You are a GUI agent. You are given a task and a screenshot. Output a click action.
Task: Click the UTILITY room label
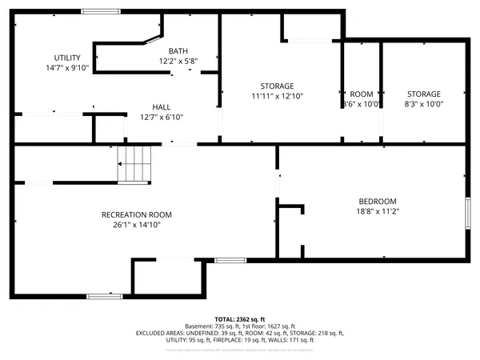[x=67, y=58]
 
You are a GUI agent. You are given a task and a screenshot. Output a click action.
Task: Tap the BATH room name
[x=178, y=50]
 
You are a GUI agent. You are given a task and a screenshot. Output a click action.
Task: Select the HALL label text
[x=162, y=106]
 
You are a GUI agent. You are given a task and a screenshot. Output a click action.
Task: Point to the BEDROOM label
[x=377, y=201]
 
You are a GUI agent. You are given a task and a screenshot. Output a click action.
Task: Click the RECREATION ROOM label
[x=136, y=214]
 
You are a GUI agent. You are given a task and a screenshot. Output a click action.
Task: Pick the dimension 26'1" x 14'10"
[x=136, y=225]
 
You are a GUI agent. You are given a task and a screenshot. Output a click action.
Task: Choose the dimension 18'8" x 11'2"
[x=377, y=211]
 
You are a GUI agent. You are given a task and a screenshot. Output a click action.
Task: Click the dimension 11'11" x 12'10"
[x=277, y=96]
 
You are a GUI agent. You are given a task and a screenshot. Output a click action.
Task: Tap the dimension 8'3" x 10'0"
[x=423, y=104]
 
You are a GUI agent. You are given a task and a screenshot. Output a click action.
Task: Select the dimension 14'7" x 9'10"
[x=67, y=68]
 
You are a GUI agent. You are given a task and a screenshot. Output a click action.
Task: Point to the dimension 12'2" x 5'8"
[x=178, y=61]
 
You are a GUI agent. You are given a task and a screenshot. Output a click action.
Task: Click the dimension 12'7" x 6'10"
[x=162, y=117]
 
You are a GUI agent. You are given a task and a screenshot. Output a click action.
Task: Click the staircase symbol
[x=134, y=165]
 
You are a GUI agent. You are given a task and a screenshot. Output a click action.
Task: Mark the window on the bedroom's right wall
[x=468, y=214]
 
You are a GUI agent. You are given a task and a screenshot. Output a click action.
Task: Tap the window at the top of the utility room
[x=97, y=11]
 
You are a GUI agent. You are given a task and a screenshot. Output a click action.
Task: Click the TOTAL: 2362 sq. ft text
[x=239, y=318]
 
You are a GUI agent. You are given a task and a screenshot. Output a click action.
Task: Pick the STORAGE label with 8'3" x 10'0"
[x=423, y=94]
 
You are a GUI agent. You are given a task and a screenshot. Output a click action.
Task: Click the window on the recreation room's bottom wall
[x=104, y=296]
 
